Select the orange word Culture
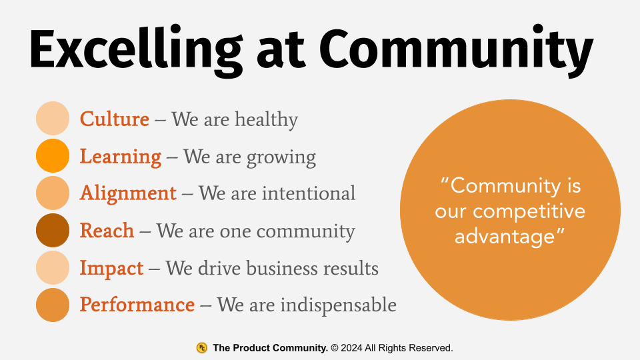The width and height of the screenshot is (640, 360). point(115,119)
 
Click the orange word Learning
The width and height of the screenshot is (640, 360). point(121,157)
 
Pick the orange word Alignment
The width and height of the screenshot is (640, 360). point(128,193)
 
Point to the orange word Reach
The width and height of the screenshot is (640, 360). point(107,231)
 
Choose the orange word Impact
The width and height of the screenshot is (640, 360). point(111,268)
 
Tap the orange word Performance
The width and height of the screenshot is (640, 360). point(137,305)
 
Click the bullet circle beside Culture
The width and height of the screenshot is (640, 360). point(53,119)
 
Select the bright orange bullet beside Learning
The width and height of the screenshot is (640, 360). point(53,156)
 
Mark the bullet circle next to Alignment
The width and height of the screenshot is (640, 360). point(53,193)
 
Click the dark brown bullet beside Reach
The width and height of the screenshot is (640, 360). point(53,231)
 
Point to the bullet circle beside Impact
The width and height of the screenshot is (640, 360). point(53,268)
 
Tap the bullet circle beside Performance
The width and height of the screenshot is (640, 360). point(53,305)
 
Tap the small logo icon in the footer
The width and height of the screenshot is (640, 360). point(201,347)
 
